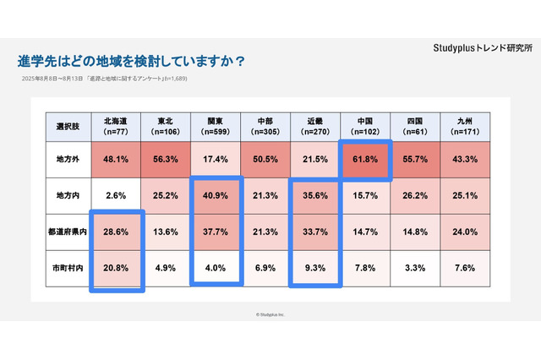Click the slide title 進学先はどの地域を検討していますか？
pos(132,62)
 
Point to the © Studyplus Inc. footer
pos(270,314)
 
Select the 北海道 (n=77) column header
pos(116,127)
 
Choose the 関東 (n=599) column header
pos(216,127)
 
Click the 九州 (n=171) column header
pos(465,127)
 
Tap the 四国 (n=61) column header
pos(415,127)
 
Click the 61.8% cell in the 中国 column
pos(365,159)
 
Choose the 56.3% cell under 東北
pos(166,159)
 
